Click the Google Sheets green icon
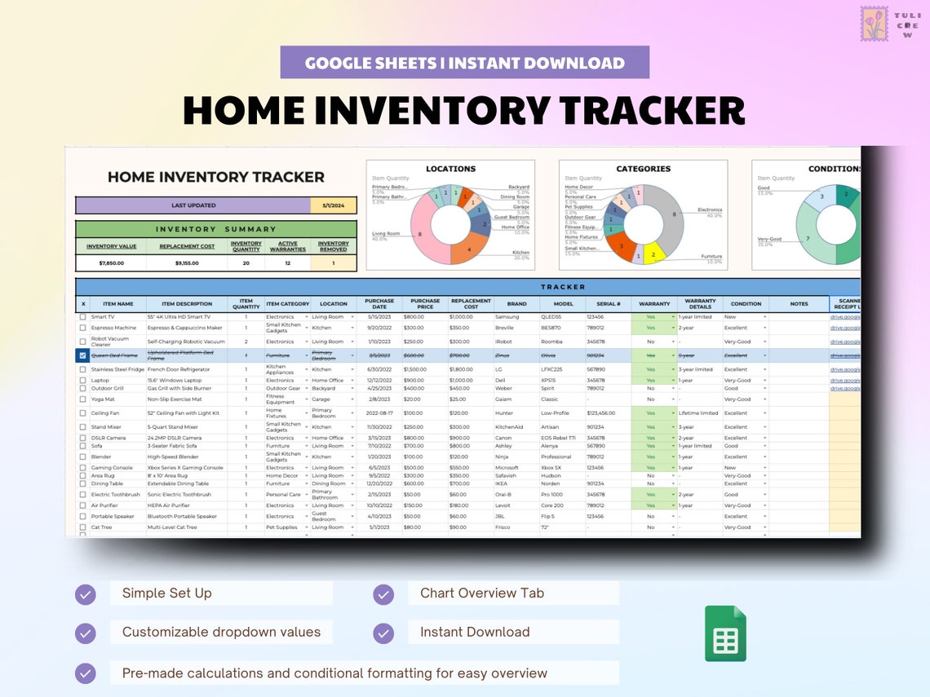click(x=725, y=633)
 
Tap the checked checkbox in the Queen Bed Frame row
click(x=82, y=355)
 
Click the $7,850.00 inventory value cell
click(x=110, y=263)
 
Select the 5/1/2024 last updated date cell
click(x=333, y=205)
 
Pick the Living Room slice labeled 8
click(x=420, y=234)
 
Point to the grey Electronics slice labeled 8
click(x=671, y=215)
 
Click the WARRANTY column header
click(x=654, y=304)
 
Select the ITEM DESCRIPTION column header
click(x=187, y=304)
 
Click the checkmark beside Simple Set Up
click(x=86, y=594)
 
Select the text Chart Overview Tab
click(x=481, y=593)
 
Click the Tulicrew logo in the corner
click(x=874, y=24)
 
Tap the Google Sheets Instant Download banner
click(x=464, y=63)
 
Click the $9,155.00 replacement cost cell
click(x=187, y=263)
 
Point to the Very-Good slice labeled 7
click(x=808, y=239)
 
